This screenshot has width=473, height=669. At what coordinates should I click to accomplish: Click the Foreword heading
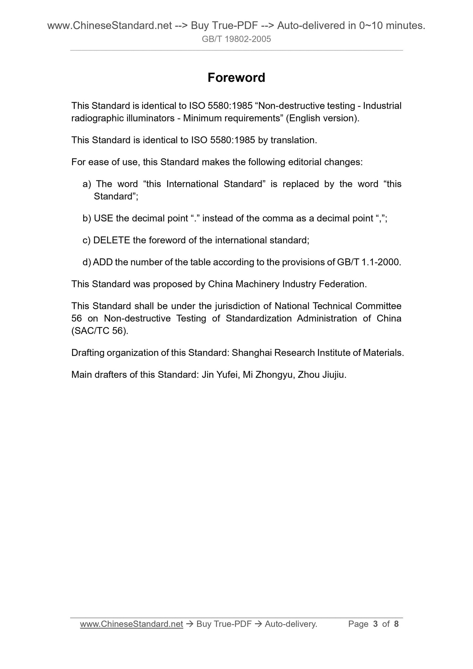pos(236,78)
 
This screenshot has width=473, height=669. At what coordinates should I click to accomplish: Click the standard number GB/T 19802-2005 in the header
pos(236,39)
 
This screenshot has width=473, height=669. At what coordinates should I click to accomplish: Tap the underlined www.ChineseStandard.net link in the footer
pos(131,624)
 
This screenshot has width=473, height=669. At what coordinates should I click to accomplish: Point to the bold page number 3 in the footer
pos(375,624)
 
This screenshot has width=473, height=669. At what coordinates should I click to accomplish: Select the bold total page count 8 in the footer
pos(396,624)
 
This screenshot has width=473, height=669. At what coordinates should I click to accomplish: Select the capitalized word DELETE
pos(112,241)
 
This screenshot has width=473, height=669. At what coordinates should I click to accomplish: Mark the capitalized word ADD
pos(102,262)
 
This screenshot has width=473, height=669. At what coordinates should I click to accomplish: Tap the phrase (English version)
pos(323,118)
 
